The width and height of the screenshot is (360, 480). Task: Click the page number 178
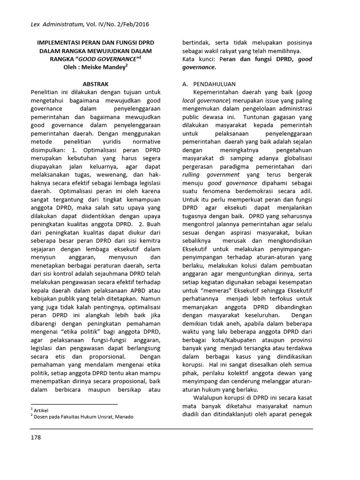click(36, 437)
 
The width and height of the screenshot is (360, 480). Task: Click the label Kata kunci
click(197, 60)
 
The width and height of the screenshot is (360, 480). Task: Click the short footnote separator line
click(74, 404)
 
